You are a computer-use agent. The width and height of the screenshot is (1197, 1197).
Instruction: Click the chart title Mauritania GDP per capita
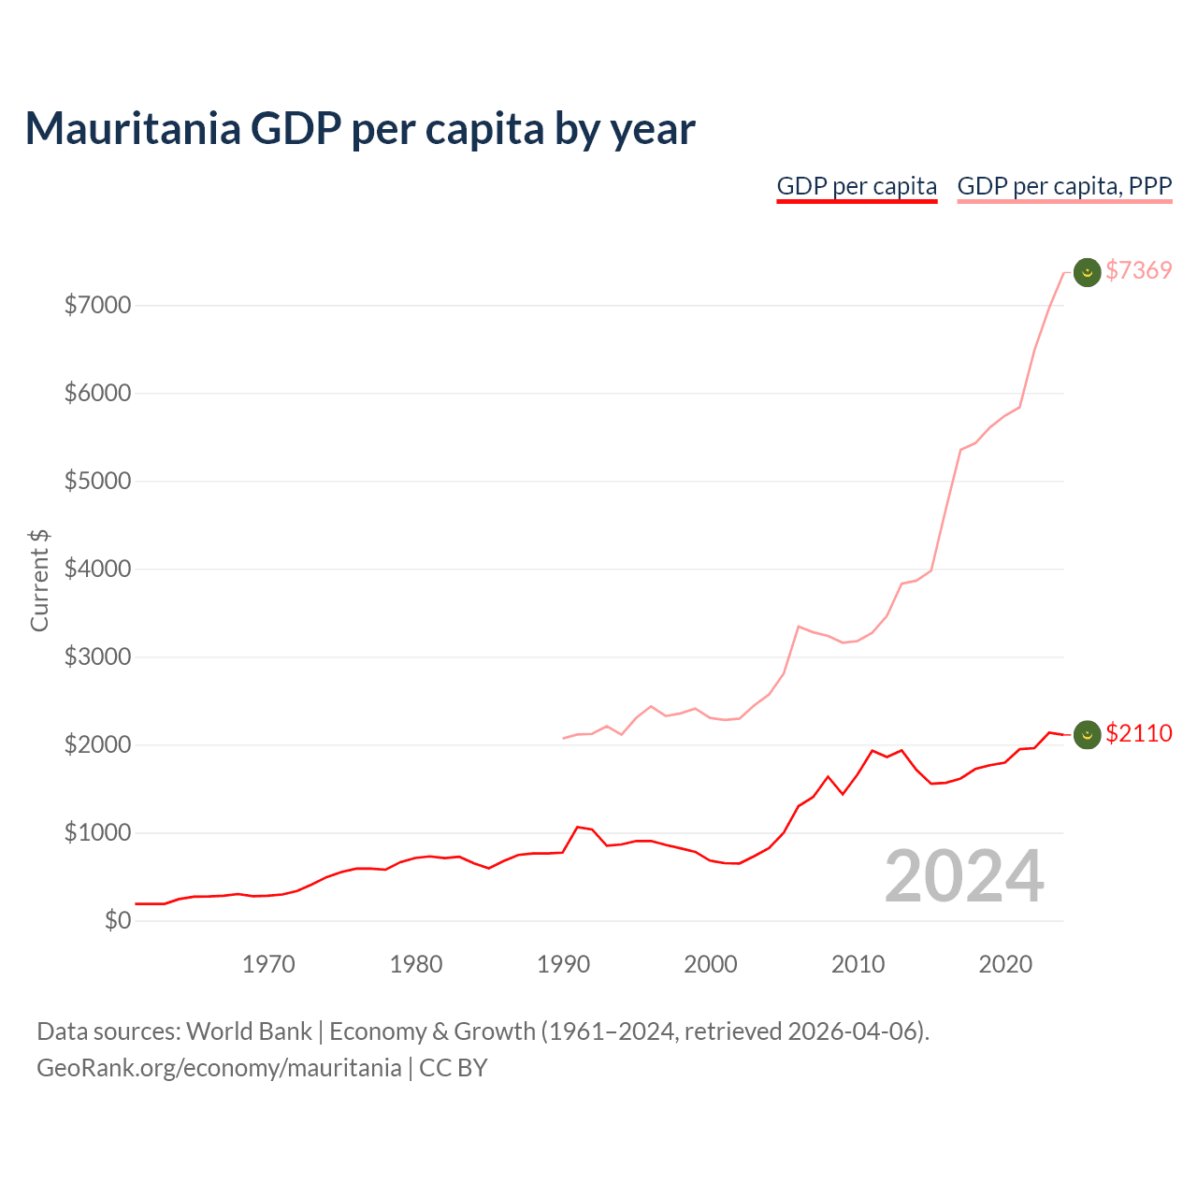coord(359,128)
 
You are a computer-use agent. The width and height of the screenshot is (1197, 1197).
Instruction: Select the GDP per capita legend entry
coord(857,186)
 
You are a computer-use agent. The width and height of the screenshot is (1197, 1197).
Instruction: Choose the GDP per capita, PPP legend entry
coord(1064,186)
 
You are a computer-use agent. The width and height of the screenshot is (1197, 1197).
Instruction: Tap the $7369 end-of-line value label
coord(1138,270)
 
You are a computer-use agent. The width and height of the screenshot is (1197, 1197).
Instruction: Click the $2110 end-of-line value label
coord(1138,733)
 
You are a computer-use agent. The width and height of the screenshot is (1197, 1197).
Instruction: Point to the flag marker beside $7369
coord(1087,272)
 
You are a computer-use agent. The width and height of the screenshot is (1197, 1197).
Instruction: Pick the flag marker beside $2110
coord(1087,735)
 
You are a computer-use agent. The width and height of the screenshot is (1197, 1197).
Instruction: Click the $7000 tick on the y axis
coord(97,305)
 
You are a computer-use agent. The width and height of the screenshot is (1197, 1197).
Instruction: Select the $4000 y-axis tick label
coord(97,569)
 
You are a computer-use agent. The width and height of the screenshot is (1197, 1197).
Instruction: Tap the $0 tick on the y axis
coord(117,920)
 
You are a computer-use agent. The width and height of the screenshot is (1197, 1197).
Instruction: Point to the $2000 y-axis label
coord(97,744)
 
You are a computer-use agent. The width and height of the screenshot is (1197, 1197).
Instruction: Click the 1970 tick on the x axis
coord(268,964)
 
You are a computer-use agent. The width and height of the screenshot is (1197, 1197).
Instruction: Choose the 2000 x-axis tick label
coord(711,964)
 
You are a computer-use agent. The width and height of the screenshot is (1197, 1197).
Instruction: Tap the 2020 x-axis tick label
coord(1005,964)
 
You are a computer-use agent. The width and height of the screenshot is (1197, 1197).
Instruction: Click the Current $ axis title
coord(39,580)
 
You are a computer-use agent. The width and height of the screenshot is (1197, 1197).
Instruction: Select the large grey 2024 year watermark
coord(964,876)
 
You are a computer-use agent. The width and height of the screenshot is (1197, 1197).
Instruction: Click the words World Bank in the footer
coord(249,1031)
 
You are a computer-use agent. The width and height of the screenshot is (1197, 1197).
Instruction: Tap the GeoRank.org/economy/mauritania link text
coord(219,1068)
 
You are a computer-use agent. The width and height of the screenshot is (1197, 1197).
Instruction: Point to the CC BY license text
coord(454,1068)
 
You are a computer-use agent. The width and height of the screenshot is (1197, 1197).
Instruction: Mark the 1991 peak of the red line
coord(578,827)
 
